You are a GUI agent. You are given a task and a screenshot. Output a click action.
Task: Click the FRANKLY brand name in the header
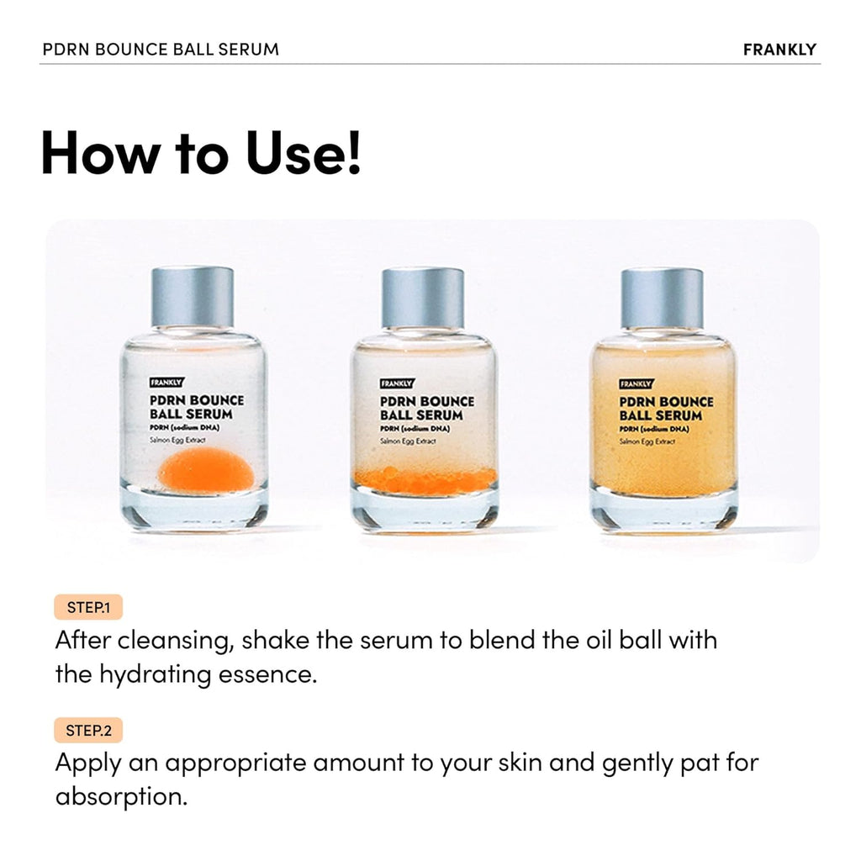pyautogui.click(x=779, y=49)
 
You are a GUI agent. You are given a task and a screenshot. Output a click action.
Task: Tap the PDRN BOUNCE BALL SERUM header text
pyautogui.click(x=161, y=49)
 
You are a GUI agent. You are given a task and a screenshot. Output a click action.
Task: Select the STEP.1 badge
pyautogui.click(x=88, y=608)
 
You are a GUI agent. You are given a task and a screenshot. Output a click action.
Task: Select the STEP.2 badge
pyautogui.click(x=88, y=731)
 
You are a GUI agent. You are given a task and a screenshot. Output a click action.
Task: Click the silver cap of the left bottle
pyautogui.click(x=193, y=297)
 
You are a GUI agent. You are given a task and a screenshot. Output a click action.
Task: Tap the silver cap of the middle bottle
pyautogui.click(x=423, y=297)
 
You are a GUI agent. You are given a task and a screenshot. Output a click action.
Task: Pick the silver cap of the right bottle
pyautogui.click(x=662, y=297)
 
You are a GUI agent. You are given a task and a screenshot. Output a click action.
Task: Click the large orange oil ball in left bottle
pyautogui.click(x=205, y=469)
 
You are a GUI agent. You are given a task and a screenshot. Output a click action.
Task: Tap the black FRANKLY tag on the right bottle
pyautogui.click(x=637, y=383)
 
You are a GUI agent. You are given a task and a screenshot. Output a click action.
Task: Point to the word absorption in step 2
pyautogui.click(x=121, y=796)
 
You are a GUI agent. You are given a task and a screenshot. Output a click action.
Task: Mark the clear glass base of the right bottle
pyautogui.click(x=663, y=511)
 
